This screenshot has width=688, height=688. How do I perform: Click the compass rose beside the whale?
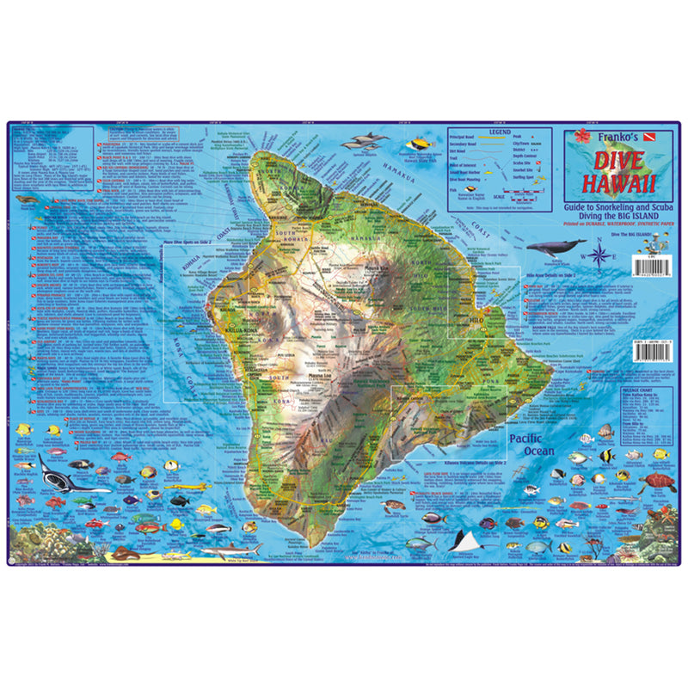[x=599, y=255]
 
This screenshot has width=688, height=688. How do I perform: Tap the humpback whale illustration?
[x=555, y=248]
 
